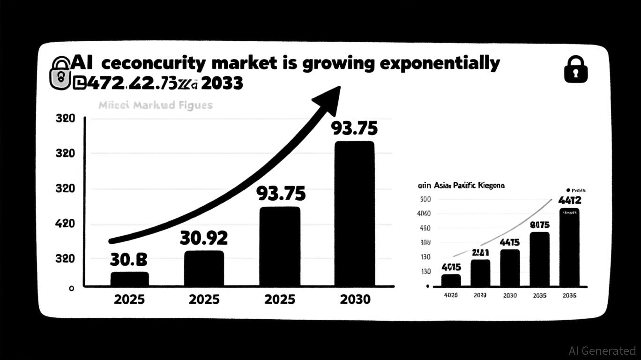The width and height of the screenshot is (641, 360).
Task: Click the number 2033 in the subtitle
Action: tap(223, 83)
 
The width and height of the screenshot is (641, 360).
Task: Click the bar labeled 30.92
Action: tap(204, 268)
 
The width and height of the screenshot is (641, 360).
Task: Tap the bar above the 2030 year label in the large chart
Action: tap(354, 213)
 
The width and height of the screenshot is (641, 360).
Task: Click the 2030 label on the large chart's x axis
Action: tap(354, 299)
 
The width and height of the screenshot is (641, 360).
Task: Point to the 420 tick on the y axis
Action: tap(66, 224)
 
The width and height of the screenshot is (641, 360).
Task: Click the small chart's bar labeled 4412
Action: tap(569, 247)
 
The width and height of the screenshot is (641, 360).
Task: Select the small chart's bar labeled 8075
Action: tap(540, 259)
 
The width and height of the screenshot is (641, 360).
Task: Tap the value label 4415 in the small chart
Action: tap(509, 243)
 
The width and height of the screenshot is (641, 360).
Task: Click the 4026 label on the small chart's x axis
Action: tap(450, 295)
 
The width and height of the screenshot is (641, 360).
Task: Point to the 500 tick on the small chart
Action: tap(425, 199)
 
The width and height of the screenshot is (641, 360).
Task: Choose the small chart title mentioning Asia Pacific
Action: tap(461, 186)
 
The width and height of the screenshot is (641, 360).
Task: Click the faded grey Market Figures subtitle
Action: tap(156, 105)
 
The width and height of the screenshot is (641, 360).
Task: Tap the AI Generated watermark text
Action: tap(602, 351)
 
